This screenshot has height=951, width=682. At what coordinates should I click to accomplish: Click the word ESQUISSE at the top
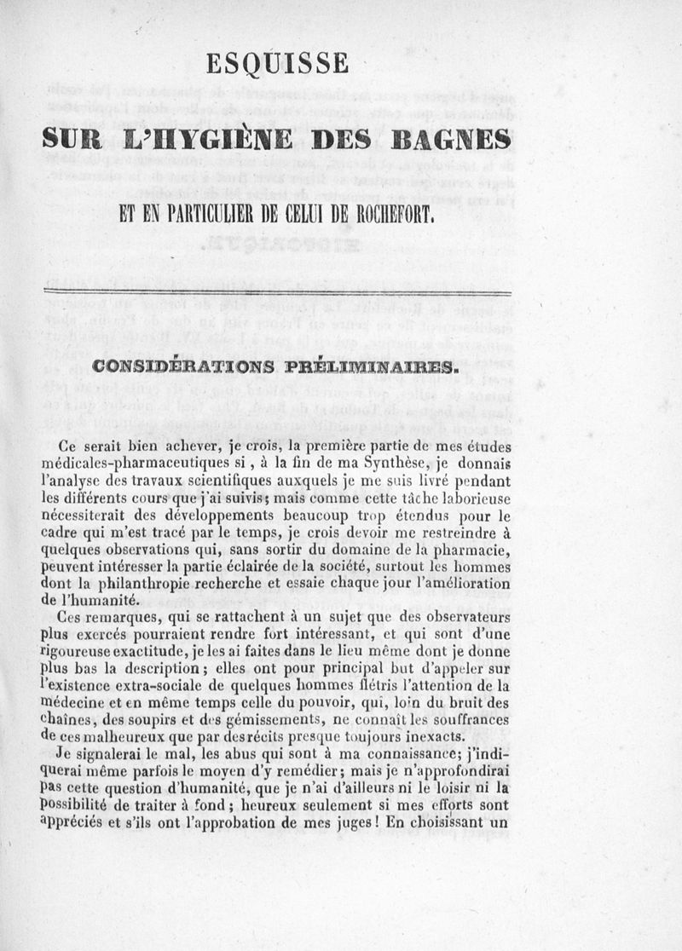point(277,64)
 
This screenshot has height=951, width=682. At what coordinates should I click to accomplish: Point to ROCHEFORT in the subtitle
point(388,210)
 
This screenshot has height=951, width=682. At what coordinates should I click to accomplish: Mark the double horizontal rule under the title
point(277,293)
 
